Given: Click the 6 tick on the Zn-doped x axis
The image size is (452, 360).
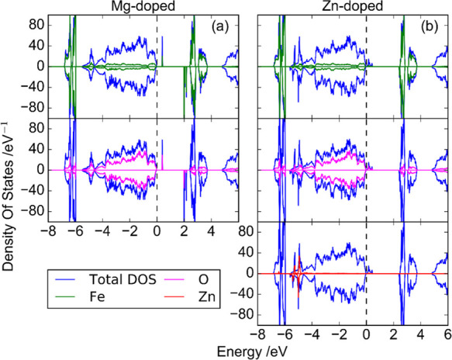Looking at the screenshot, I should click(x=446, y=336).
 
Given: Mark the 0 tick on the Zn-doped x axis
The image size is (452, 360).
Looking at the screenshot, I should click(x=367, y=336).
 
